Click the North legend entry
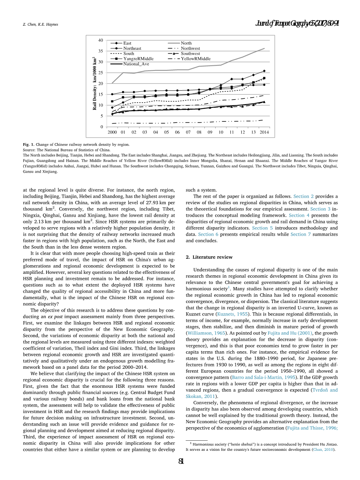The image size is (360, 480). [x=186, y=43]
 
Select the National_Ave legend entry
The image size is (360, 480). [x=136, y=64]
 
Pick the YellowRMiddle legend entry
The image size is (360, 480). [x=195, y=59]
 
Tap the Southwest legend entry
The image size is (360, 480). [x=190, y=54]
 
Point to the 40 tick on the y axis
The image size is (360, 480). [x=100, y=40]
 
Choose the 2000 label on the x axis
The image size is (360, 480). [x=112, y=133]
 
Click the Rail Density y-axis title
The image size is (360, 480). [x=95, y=83]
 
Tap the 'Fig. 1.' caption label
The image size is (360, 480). [x=28, y=145]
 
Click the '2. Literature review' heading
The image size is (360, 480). [x=209, y=257]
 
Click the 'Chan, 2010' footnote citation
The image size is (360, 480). [x=325, y=450]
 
